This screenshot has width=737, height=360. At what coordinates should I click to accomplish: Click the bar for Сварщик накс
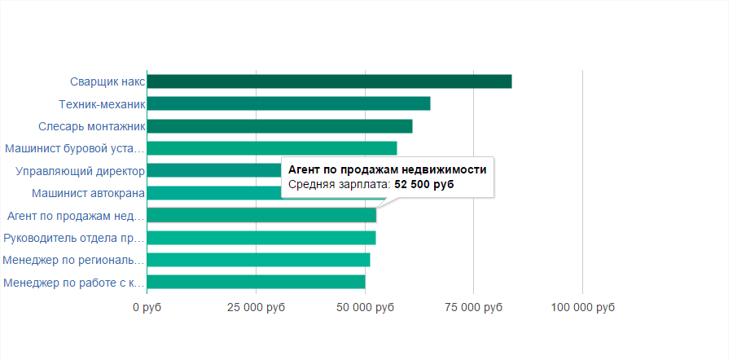tap(329, 81)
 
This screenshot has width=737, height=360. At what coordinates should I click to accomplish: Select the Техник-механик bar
tap(288, 103)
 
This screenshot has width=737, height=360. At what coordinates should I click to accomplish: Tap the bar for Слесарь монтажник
tap(279, 126)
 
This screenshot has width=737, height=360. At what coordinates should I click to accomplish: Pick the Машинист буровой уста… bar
tap(272, 148)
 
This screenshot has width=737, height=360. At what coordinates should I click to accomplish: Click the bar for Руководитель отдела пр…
tap(261, 238)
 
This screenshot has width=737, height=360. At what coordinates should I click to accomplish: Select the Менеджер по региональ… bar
tap(258, 260)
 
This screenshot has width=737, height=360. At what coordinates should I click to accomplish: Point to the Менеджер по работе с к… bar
tap(256, 283)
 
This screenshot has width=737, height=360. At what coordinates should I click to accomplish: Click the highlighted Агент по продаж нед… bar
tap(261, 216)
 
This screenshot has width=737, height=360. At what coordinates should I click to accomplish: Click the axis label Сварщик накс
tap(107, 81)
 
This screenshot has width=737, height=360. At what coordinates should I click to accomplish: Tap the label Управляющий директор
tap(81, 171)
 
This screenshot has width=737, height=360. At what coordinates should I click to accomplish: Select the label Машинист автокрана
tap(88, 194)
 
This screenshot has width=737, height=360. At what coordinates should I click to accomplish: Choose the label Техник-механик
tap(102, 104)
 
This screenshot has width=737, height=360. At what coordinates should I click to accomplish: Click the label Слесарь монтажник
tap(91, 126)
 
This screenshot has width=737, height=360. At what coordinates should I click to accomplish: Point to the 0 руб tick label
tap(147, 308)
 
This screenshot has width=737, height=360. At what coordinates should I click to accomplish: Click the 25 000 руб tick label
tap(256, 308)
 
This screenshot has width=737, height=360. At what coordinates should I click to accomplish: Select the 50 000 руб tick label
tap(365, 308)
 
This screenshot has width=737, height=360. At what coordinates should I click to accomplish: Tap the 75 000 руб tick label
tap(474, 308)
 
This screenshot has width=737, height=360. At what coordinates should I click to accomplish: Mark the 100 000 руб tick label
tap(582, 308)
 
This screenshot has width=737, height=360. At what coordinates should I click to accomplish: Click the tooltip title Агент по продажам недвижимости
tap(388, 169)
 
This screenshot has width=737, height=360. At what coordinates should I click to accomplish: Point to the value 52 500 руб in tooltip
tap(424, 185)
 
